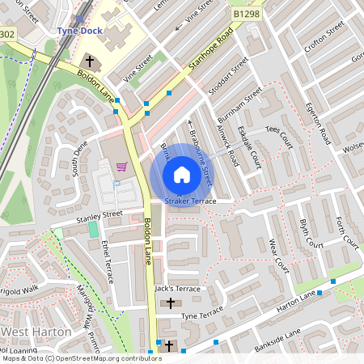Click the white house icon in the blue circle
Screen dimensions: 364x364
point(182,174)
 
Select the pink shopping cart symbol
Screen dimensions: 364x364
point(121,167)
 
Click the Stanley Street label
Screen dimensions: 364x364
point(99,215)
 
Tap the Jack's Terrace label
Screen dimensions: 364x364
point(178,289)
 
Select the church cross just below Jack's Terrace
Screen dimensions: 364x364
point(170,303)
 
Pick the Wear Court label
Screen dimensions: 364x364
point(277,254)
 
